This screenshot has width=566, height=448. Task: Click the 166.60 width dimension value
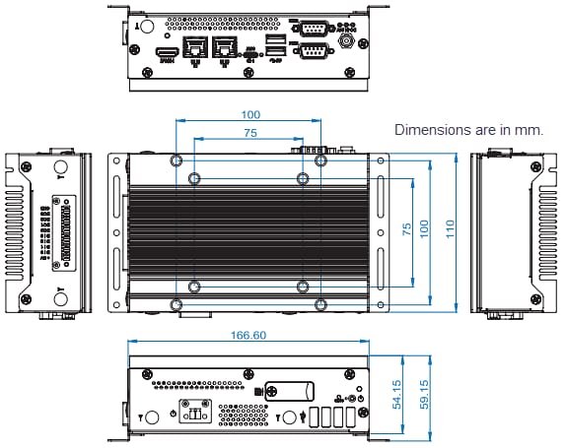click(248, 336)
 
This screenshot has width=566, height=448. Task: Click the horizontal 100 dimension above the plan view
click(249, 114)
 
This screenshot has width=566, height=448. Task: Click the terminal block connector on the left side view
click(67, 232)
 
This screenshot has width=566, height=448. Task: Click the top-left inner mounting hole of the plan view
click(194, 178)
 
